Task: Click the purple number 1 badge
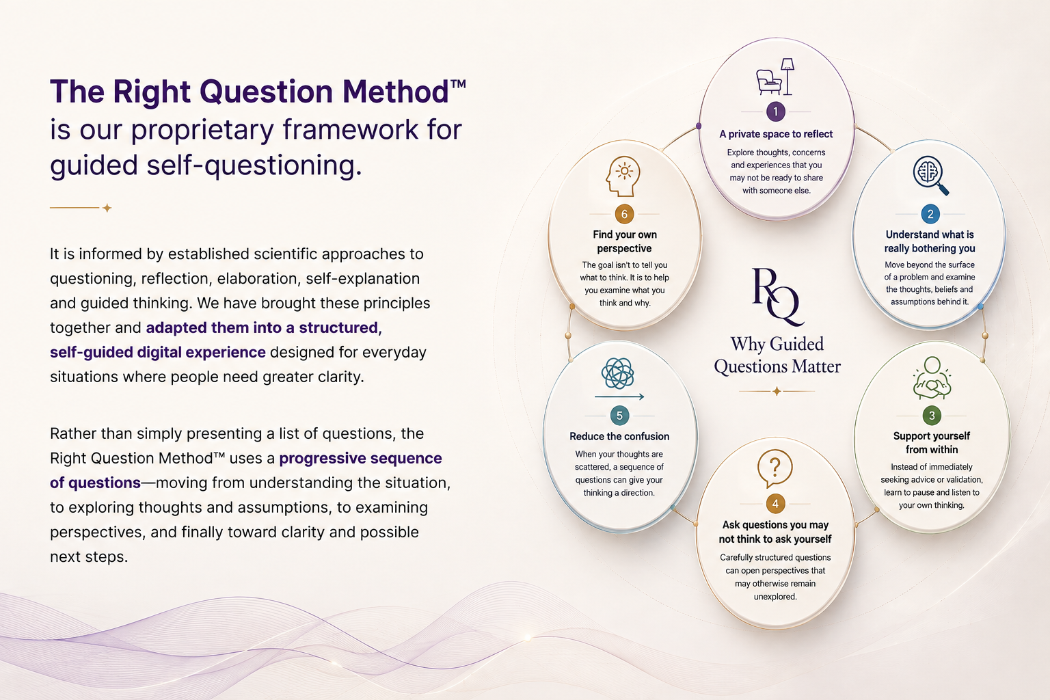(x=776, y=111)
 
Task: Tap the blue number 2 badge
(x=930, y=214)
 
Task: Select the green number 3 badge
(x=932, y=416)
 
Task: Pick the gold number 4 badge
(x=775, y=504)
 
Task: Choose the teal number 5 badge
(x=620, y=416)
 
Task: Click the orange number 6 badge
(x=624, y=214)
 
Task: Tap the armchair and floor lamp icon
(x=775, y=77)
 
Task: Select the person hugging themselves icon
(x=932, y=378)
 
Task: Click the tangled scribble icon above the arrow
(x=618, y=373)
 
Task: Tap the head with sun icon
(x=623, y=176)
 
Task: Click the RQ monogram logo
(x=778, y=297)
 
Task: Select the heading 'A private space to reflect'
(x=776, y=134)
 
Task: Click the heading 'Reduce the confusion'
(x=619, y=437)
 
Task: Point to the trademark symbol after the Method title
(x=458, y=84)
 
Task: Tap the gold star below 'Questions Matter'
(x=777, y=391)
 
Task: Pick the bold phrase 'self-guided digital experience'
(x=157, y=352)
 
